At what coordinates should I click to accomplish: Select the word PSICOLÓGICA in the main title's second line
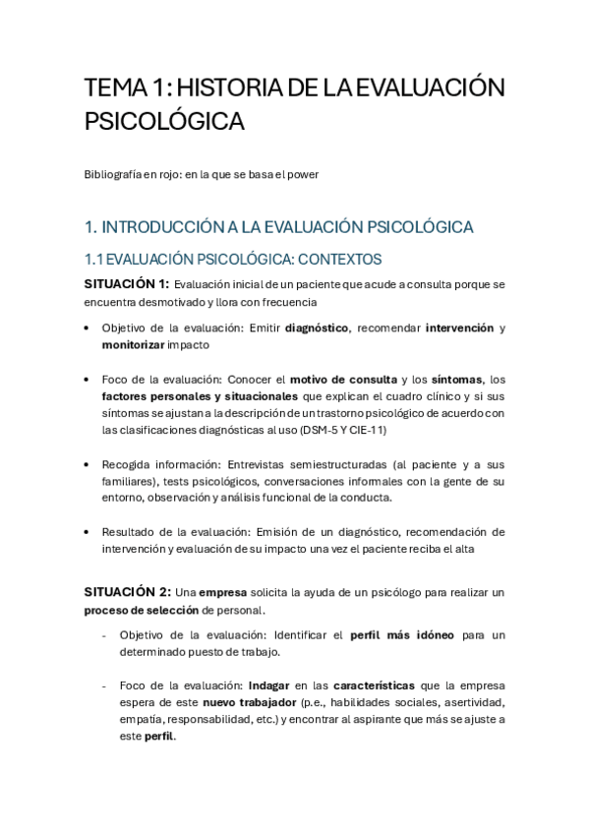coord(164,122)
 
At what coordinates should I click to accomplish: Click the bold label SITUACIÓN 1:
coord(127,284)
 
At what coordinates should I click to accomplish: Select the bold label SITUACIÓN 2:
coord(127,592)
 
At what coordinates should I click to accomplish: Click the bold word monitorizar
coord(133,345)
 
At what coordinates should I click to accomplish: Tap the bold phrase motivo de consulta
coord(343,379)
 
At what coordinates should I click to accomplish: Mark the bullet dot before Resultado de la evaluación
coord(88,533)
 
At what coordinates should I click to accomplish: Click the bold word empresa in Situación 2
coord(222,592)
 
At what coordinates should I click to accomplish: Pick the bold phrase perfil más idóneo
coord(402,634)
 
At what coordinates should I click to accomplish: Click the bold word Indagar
coord(268,685)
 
